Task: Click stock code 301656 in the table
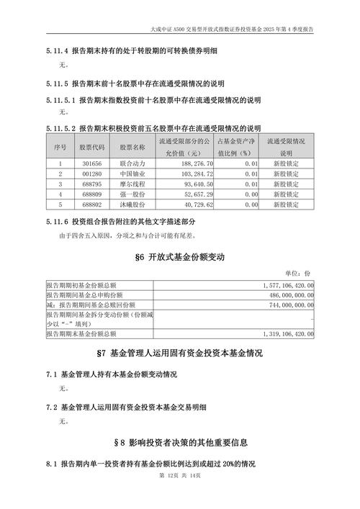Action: point(92,163)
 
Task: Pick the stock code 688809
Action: point(92,194)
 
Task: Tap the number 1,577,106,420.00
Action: point(284,286)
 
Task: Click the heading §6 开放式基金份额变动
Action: point(180,257)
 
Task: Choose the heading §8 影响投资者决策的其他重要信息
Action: point(180,441)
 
